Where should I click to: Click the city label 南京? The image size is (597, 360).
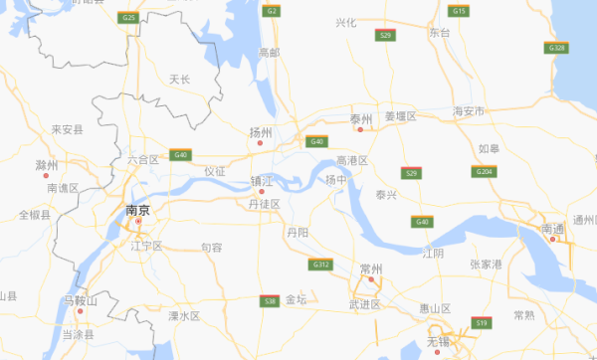click(x=137, y=211)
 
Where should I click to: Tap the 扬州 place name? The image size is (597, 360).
click(x=261, y=130)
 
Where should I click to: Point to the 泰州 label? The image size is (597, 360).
click(x=360, y=119)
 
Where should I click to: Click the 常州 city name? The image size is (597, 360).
click(x=372, y=269)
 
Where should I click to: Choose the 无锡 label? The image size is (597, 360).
click(x=438, y=341)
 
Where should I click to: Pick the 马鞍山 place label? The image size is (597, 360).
click(x=80, y=300)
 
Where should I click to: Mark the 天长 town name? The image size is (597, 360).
click(x=180, y=79)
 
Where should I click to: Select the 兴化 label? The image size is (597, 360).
click(x=345, y=22)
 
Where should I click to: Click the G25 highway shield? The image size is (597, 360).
click(x=127, y=18)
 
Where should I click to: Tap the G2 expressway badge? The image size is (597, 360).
click(x=271, y=11)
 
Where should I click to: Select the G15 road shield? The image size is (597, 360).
click(x=459, y=11)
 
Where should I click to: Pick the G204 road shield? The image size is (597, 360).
click(x=485, y=172)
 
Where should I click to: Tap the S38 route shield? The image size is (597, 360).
click(x=269, y=300)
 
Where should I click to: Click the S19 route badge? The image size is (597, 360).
click(x=483, y=322)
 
